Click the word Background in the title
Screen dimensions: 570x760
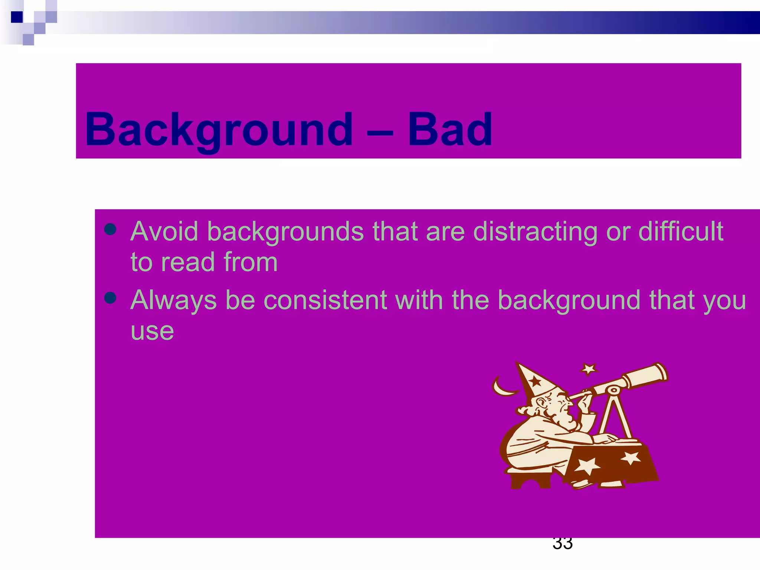pyautogui.click(x=219, y=130)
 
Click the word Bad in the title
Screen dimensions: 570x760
pyautogui.click(x=450, y=130)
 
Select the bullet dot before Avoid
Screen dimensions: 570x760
pyautogui.click(x=111, y=229)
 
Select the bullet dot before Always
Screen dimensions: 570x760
pyautogui.click(x=111, y=298)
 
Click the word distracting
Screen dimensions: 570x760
pyautogui.click(x=535, y=232)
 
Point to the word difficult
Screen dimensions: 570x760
pyautogui.click(x=681, y=232)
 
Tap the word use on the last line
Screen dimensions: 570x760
pyautogui.click(x=152, y=331)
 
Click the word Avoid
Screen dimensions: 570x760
pyautogui.click(x=164, y=232)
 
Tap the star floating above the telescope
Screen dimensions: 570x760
pyautogui.click(x=589, y=369)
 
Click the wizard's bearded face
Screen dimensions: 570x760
pyautogui.click(x=557, y=408)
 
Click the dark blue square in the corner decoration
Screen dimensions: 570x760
pyautogui.click(x=17, y=17)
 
